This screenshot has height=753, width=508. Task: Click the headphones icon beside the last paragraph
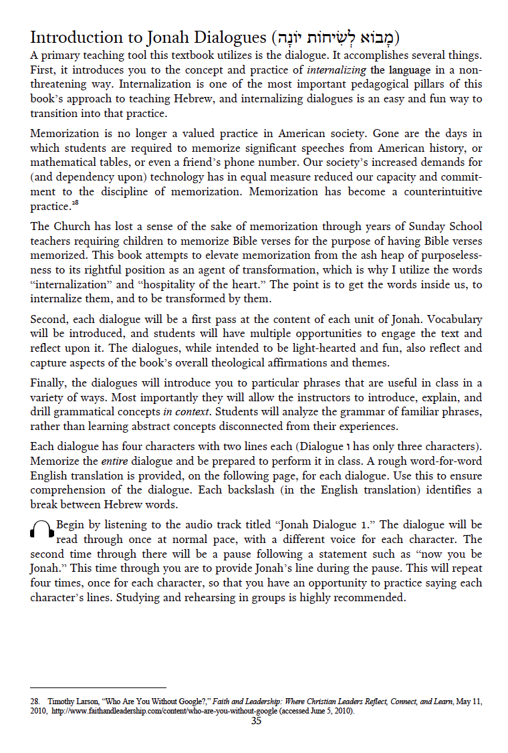pyautogui.click(x=42, y=529)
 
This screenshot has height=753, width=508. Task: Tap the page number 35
pyautogui.click(x=256, y=721)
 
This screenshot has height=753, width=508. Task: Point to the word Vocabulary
pyautogui.click(x=452, y=319)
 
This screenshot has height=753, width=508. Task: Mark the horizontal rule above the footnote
pyautogui.click(x=98, y=687)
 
